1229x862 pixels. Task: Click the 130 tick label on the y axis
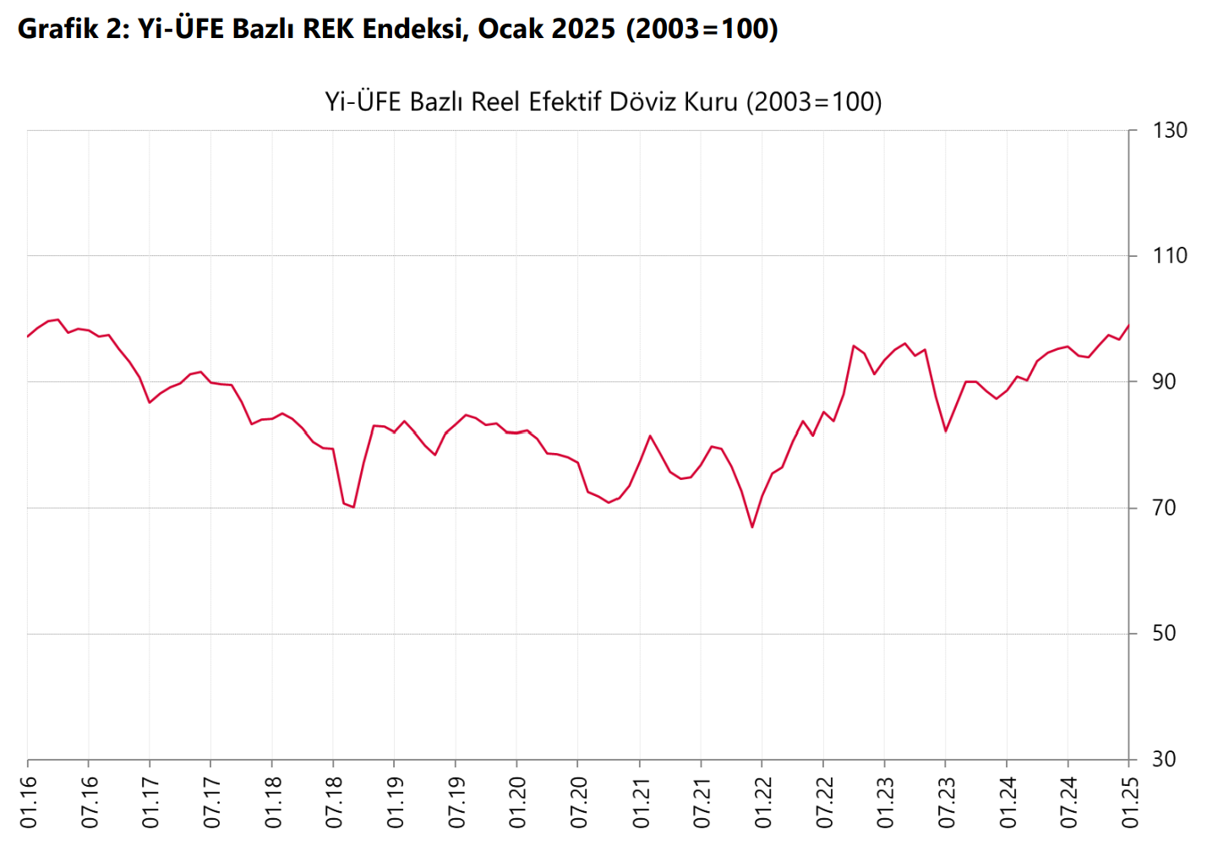pos(1170,131)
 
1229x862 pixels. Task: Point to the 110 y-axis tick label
pos(1170,256)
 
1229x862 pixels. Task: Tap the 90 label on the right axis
pos(1164,382)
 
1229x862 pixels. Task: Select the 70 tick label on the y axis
pos(1164,508)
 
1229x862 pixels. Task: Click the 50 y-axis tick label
pos(1164,634)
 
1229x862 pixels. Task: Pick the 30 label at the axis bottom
pos(1164,760)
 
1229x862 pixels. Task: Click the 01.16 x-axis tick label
pos(29,803)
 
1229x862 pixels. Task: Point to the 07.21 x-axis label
pos(702,803)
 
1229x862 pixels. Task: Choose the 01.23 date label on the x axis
pos(885,803)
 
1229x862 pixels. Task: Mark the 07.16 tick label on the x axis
pos(90,803)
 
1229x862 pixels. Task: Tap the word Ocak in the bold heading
pos(511,29)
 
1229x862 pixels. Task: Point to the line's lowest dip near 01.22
pos(752,527)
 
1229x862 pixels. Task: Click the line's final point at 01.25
pos(1128,325)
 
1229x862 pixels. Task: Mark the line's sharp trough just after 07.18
pos(353,507)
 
